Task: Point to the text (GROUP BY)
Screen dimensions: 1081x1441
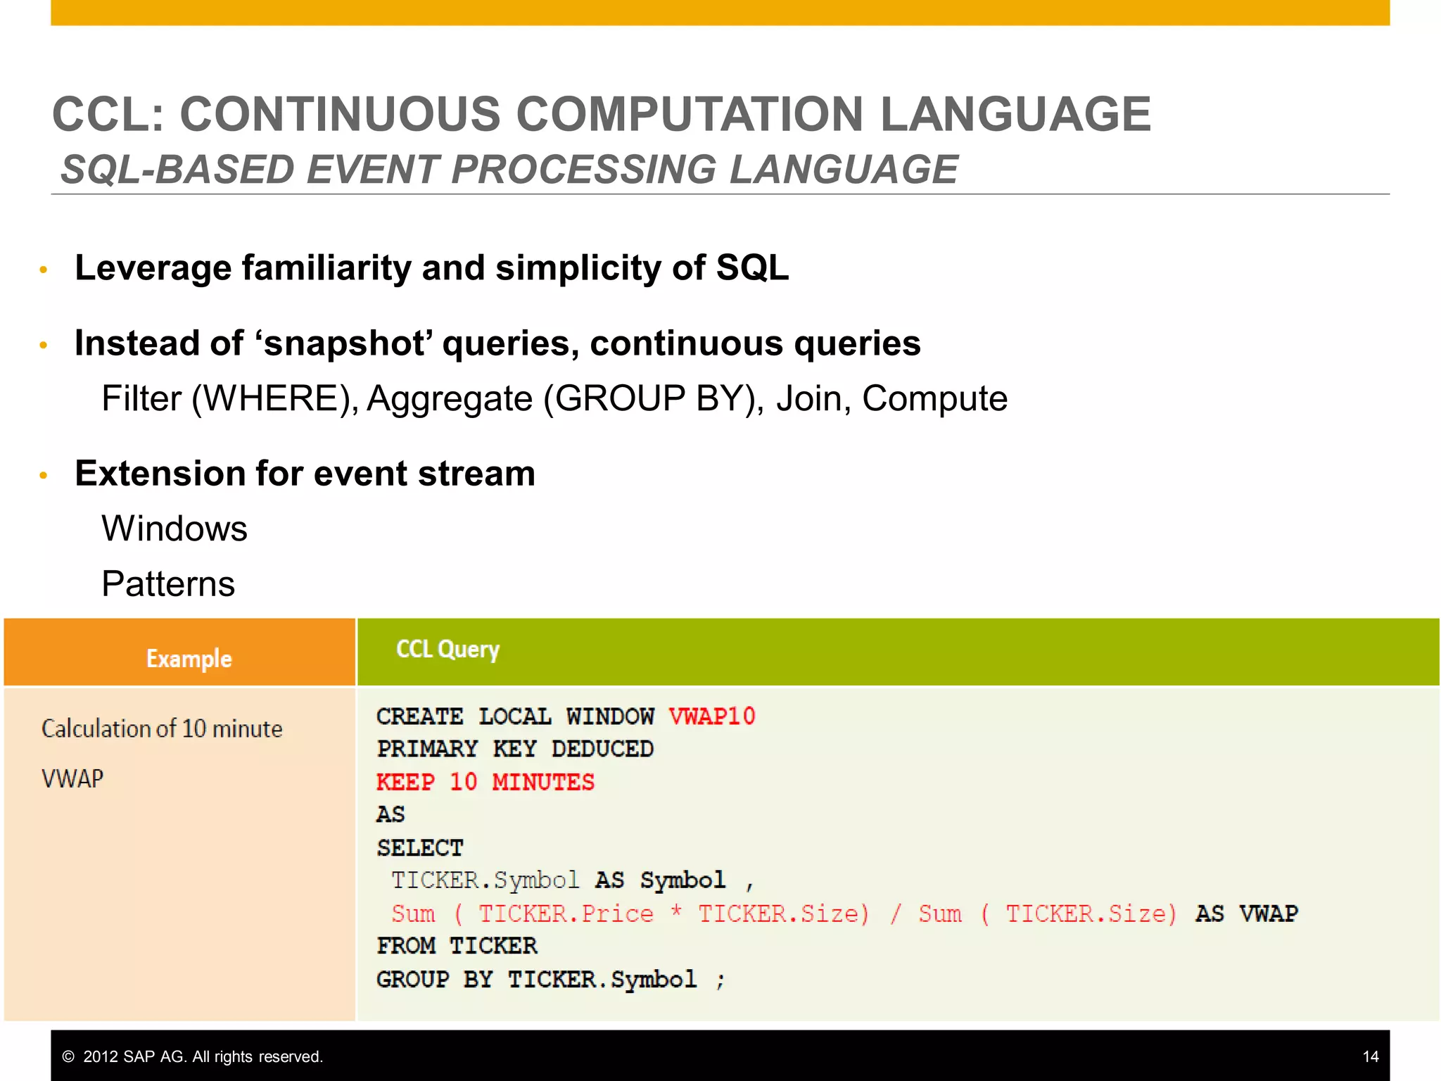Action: [x=653, y=398]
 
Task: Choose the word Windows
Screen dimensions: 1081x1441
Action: [x=174, y=529]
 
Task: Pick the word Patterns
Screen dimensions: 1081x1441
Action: [x=168, y=583]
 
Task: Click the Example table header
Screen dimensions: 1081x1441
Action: [x=189, y=659]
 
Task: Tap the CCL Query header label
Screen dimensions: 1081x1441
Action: [x=447, y=650]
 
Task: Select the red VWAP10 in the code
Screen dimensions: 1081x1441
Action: [x=711, y=716]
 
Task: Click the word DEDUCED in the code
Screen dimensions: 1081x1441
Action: [x=602, y=749]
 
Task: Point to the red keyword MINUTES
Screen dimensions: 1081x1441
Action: [x=543, y=782]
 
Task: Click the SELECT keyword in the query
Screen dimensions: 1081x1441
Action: [x=420, y=847]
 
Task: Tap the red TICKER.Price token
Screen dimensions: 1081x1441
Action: [x=566, y=914]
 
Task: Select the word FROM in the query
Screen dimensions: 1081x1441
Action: [x=406, y=946]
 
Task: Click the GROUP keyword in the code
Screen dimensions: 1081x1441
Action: [x=412, y=979]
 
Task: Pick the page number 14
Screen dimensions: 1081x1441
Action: [x=1370, y=1056]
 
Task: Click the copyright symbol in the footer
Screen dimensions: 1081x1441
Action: [x=68, y=1056]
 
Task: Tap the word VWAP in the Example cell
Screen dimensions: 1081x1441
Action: [x=72, y=778]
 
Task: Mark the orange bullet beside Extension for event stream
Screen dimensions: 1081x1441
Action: [x=44, y=476]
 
